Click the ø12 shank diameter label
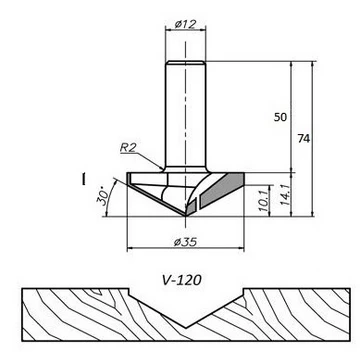[x=185, y=24]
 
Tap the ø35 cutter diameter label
[x=185, y=242]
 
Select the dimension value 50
[x=280, y=117]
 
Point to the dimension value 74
[x=303, y=138]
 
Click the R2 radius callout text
[x=128, y=148]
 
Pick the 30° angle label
[x=103, y=197]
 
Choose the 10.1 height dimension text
[x=264, y=201]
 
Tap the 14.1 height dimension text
[x=285, y=195]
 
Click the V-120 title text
[x=182, y=280]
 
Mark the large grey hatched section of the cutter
[x=223, y=190]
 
